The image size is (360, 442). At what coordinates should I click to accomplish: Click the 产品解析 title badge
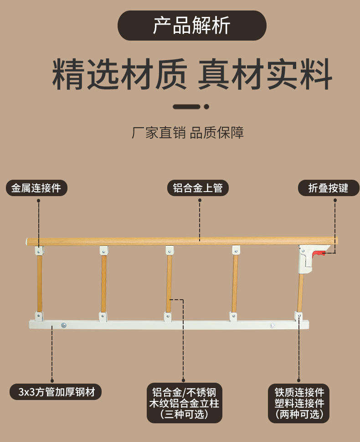pyautogui.click(x=192, y=26)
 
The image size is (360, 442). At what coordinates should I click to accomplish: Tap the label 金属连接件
pyautogui.click(x=36, y=188)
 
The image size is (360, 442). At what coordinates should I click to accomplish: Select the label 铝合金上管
pyautogui.click(x=198, y=188)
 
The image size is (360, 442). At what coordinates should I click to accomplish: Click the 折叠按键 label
pyautogui.click(x=329, y=188)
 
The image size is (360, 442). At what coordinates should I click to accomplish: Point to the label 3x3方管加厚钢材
pyautogui.click(x=56, y=391)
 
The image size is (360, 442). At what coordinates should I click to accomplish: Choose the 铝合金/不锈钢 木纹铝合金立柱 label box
pyautogui.click(x=185, y=403)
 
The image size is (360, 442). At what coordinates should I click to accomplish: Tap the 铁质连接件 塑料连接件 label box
pyautogui.click(x=298, y=403)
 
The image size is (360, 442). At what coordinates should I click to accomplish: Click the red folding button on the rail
pyautogui.click(x=320, y=254)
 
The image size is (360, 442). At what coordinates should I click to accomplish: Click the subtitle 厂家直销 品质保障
pyautogui.click(x=188, y=133)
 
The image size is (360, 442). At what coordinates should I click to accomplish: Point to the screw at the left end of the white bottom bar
pyautogui.click(x=64, y=325)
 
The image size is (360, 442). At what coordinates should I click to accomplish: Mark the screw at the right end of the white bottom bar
pyautogui.click(x=273, y=326)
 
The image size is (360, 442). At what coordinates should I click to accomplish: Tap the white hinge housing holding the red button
pyautogui.click(x=306, y=259)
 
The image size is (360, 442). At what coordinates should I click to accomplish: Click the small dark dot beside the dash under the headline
pyautogui.click(x=206, y=107)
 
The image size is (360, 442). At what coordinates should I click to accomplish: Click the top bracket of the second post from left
pyautogui.click(x=103, y=250)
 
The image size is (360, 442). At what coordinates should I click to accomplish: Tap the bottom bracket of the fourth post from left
pyautogui.click(x=233, y=316)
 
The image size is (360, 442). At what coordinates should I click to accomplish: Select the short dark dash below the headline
pyautogui.click(x=186, y=107)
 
